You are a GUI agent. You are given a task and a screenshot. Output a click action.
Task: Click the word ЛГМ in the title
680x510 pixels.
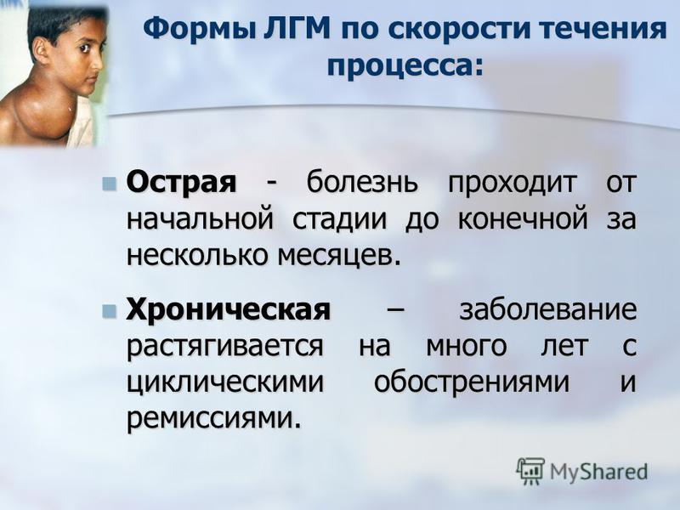(297, 29)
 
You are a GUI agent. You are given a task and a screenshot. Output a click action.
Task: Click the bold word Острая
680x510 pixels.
(181, 183)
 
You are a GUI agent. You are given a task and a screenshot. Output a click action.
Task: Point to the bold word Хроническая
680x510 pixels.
(228, 310)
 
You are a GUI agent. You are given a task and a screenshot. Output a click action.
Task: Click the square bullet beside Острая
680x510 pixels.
(109, 184)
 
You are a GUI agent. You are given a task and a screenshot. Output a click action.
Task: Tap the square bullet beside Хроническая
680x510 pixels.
(109, 311)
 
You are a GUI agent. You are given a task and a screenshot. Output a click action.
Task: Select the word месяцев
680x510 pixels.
(337, 256)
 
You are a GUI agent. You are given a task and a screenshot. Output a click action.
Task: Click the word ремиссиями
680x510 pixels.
(213, 419)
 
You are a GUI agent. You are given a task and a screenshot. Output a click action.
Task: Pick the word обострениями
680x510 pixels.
(472, 382)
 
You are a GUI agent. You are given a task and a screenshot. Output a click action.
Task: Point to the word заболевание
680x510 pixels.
(548, 310)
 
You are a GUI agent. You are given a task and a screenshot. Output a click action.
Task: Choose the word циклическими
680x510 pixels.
(225, 383)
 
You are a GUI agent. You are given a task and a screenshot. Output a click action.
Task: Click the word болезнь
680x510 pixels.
(362, 182)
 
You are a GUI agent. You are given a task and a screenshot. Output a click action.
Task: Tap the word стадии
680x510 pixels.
(338, 220)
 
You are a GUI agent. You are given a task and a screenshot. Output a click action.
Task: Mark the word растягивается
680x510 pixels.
(224, 347)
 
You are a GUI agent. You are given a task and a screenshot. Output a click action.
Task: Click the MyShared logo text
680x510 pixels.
(598, 472)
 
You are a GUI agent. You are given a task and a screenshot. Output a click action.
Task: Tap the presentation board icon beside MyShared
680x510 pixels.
(530, 470)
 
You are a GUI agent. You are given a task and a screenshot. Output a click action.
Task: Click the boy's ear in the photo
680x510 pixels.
(42, 51)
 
